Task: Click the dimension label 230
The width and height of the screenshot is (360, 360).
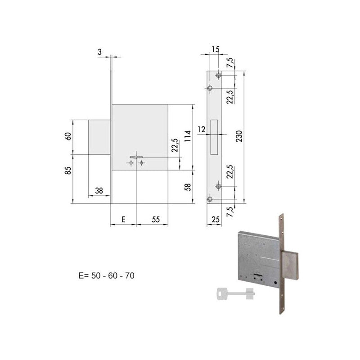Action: pos(239,136)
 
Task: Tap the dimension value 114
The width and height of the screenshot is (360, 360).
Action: pos(188,136)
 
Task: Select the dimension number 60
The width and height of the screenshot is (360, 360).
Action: pos(68,136)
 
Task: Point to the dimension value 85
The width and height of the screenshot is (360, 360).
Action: pos(68,171)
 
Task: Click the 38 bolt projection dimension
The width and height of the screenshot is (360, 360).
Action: pos(99,190)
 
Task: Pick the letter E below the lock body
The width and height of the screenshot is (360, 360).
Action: pos(123,220)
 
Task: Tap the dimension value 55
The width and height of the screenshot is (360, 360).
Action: pos(156,220)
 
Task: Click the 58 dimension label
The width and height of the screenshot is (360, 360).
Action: pos(188,187)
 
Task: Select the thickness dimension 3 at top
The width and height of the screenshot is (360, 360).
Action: pos(99,52)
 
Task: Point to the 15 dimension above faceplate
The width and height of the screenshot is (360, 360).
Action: pos(216,49)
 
